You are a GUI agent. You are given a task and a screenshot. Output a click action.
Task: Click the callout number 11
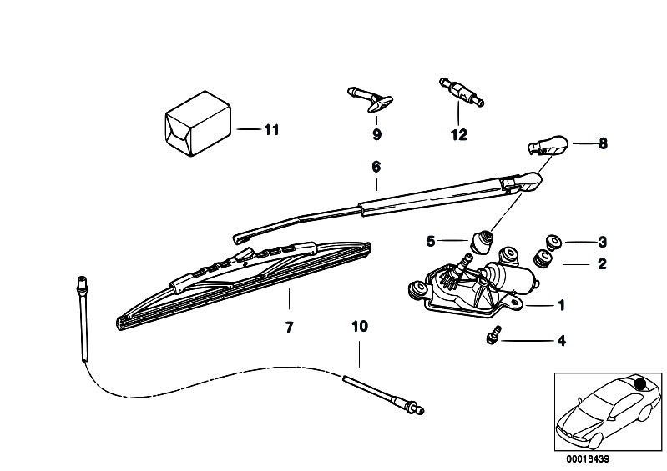coord(271,129)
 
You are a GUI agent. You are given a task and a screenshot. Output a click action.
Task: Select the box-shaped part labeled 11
coord(198,123)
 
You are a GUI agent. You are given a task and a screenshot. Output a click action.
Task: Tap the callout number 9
coord(376,135)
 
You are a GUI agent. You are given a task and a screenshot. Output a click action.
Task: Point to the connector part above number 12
coord(461,92)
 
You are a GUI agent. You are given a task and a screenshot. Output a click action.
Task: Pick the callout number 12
coord(459,135)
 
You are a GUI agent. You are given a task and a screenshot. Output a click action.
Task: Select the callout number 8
coord(603,144)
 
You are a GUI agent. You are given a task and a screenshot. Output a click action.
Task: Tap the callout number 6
coord(376,167)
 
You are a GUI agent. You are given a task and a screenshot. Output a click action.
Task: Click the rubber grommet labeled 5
coord(481,241)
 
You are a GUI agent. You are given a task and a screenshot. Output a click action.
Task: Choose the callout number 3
coord(602,242)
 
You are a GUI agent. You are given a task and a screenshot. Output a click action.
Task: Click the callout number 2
coord(602,263)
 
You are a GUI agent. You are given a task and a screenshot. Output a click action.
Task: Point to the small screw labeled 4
coord(493,334)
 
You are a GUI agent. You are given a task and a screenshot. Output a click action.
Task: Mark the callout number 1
coord(561,305)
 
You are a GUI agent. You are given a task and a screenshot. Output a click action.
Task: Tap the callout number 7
coord(289,328)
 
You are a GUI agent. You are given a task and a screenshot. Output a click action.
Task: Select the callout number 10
coord(360,327)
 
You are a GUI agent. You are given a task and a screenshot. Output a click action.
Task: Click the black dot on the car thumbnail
coord(639,384)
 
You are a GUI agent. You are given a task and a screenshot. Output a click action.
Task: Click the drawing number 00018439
coord(588,459)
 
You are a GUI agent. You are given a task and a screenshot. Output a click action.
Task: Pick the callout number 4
coord(562,341)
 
